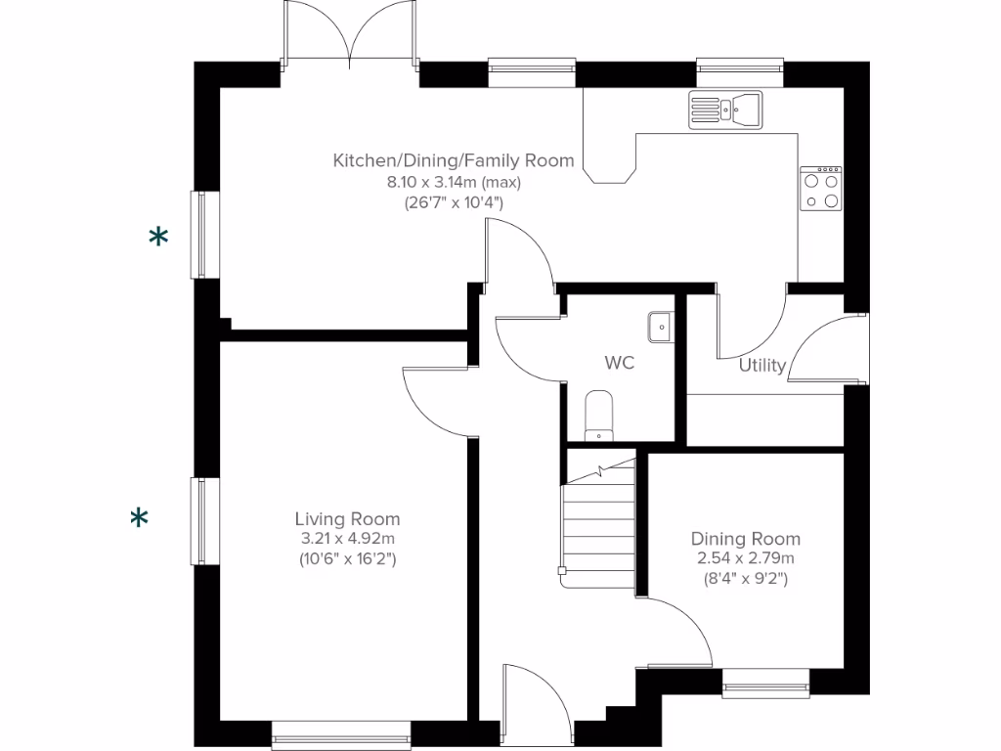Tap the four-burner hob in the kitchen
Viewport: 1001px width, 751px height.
[820, 189]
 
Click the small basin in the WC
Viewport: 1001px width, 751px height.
[661, 325]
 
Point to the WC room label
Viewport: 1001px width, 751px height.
[619, 363]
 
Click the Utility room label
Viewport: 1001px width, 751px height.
[762, 366]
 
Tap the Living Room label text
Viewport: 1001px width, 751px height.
[347, 519]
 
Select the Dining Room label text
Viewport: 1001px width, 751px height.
[745, 539]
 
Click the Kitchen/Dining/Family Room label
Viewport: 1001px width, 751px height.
[454, 160]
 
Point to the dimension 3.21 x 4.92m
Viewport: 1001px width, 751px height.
[347, 539]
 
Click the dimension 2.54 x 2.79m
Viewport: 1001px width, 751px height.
[745, 558]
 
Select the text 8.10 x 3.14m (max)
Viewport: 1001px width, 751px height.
[454, 182]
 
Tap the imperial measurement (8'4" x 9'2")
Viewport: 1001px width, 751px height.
[745, 578]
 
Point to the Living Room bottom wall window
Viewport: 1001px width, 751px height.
[341, 734]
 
